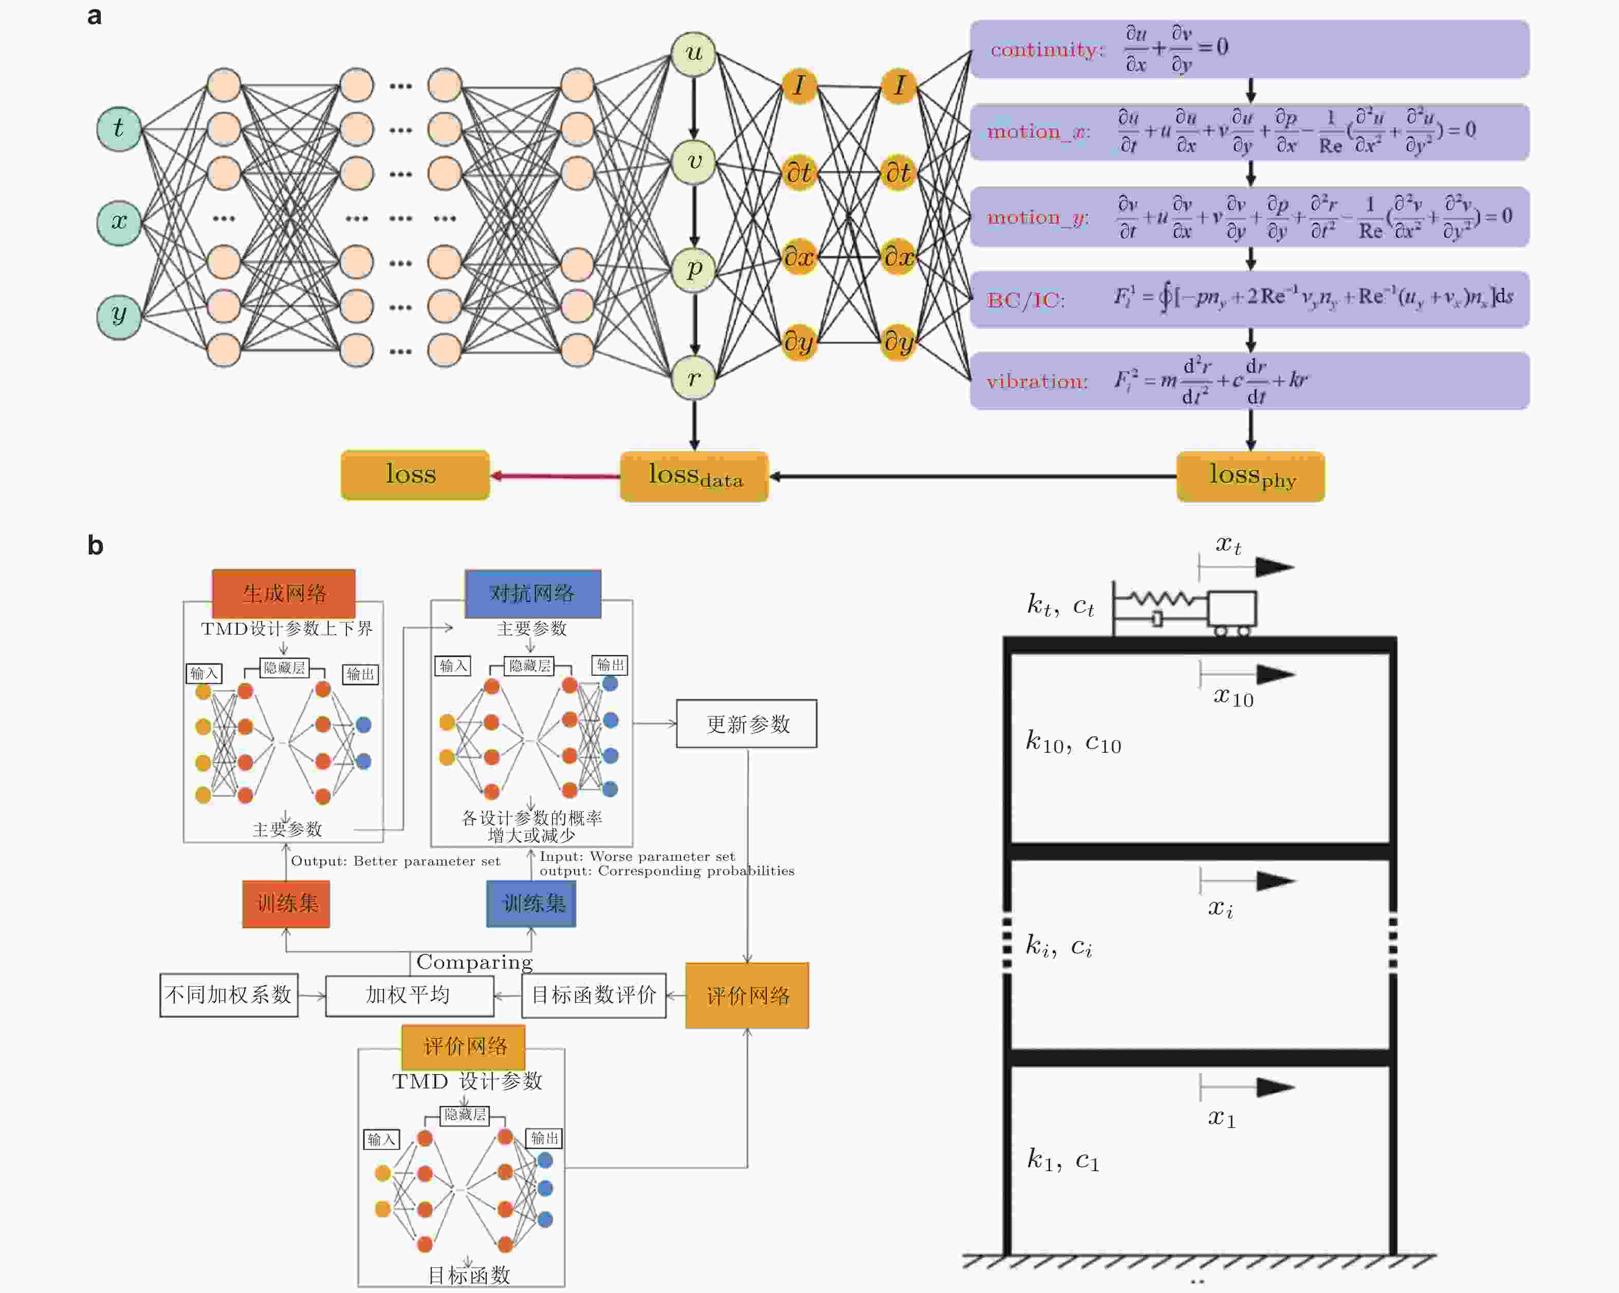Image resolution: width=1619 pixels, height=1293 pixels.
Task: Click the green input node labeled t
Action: [119, 128]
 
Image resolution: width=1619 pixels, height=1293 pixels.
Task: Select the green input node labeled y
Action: [119, 316]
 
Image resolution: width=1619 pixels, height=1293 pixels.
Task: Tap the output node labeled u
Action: [693, 53]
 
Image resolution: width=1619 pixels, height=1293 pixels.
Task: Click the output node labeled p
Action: [693, 269]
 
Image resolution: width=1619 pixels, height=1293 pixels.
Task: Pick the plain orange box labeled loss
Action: [414, 474]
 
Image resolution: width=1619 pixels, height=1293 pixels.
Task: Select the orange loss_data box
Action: [694, 476]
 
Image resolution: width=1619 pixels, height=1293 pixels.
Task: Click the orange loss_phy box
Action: [1250, 476]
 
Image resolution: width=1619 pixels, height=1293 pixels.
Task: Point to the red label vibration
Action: [1036, 381]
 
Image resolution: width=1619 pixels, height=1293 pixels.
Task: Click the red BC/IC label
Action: [1025, 300]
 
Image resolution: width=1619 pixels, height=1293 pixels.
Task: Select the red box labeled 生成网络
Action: [284, 593]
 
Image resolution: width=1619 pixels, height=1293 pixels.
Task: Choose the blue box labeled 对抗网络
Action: [532, 593]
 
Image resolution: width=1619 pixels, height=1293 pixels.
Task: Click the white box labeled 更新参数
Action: [746, 724]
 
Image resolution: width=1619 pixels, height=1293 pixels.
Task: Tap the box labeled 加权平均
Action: [409, 995]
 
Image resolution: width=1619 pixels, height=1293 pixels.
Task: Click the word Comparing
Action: [474, 962]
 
